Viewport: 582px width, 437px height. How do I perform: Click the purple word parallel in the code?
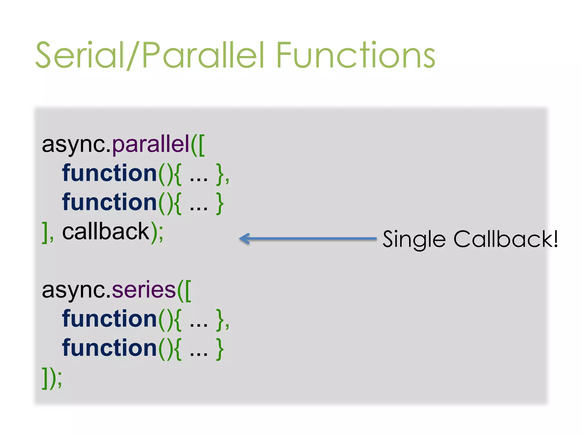coord(151,144)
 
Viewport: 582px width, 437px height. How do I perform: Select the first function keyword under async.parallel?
coord(109,173)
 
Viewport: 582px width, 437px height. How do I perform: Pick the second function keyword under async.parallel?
coord(109,202)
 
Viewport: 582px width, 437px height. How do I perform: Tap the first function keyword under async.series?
coord(109,319)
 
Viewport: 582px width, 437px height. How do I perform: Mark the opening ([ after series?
coord(184,290)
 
